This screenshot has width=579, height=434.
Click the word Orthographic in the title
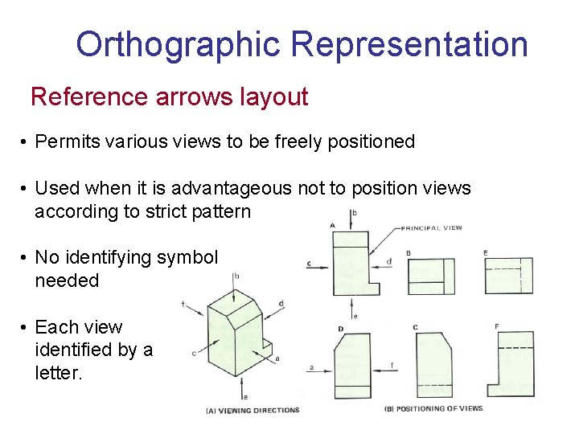[x=179, y=44]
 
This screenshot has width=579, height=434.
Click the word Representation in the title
[x=409, y=44]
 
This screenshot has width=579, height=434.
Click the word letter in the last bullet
[x=58, y=373]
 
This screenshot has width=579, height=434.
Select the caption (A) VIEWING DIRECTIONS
[x=253, y=410]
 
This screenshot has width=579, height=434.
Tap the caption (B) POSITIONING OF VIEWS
[x=434, y=408]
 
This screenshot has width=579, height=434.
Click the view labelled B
[x=429, y=276]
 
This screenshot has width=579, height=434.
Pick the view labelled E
[x=508, y=276]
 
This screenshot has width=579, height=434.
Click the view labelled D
[x=352, y=366]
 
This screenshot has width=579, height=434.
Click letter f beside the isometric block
[x=183, y=304]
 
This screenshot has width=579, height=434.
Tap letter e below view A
[x=355, y=316]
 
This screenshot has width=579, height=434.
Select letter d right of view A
[x=388, y=260]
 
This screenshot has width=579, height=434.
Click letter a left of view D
[x=310, y=368]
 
